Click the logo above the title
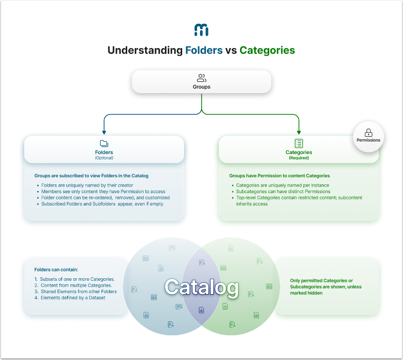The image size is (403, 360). click(201, 30)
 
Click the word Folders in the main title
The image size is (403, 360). click(203, 51)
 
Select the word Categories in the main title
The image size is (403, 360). click(267, 51)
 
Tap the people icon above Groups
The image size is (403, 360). click(201, 78)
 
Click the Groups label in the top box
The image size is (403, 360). click(201, 87)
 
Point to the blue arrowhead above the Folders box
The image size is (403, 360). click(104, 132)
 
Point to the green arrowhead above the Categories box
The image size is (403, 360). click(299, 132)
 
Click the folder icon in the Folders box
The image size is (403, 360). click(104, 144)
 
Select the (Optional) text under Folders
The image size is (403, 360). click(104, 158)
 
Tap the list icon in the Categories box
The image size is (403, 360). click(299, 144)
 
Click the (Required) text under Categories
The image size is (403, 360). click(299, 158)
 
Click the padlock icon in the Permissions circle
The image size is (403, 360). click(368, 133)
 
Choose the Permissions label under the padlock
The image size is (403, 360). click(368, 140)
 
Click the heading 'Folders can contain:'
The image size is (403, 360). click(56, 270)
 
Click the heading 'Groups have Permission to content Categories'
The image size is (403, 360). click(279, 176)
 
